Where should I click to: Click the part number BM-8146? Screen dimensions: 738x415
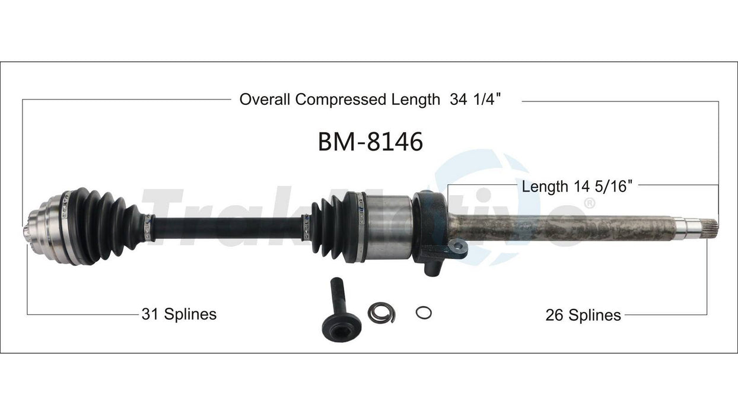[x=370, y=142]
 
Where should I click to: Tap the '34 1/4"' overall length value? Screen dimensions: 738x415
[x=475, y=99]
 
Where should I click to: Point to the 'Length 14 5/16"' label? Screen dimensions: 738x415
[x=577, y=187]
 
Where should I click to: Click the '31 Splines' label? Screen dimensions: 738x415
[x=179, y=314]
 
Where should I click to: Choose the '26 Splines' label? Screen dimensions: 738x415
[x=583, y=315]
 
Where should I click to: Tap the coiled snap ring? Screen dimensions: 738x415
[x=381, y=312]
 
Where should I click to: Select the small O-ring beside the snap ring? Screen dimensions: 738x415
[x=424, y=312]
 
